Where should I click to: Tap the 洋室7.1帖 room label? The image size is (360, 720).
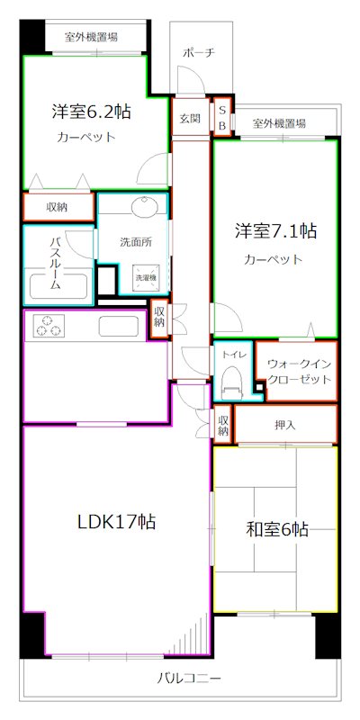click(276, 230)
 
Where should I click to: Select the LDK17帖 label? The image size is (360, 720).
click(116, 522)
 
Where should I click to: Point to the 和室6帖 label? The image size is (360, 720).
click(277, 529)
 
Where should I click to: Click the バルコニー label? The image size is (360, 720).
click(190, 678)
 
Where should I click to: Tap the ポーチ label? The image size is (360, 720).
click(198, 52)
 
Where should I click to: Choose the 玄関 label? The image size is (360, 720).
click(189, 118)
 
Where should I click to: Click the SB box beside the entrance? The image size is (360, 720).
click(221, 117)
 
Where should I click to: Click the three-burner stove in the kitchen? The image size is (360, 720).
click(49, 325)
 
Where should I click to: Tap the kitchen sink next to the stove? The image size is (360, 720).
click(118, 325)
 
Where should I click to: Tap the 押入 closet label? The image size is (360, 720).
click(284, 423)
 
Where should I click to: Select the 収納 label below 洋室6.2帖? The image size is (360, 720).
click(57, 206)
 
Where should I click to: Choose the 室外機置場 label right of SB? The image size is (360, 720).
click(279, 122)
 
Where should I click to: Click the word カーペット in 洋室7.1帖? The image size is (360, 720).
click(273, 260)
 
